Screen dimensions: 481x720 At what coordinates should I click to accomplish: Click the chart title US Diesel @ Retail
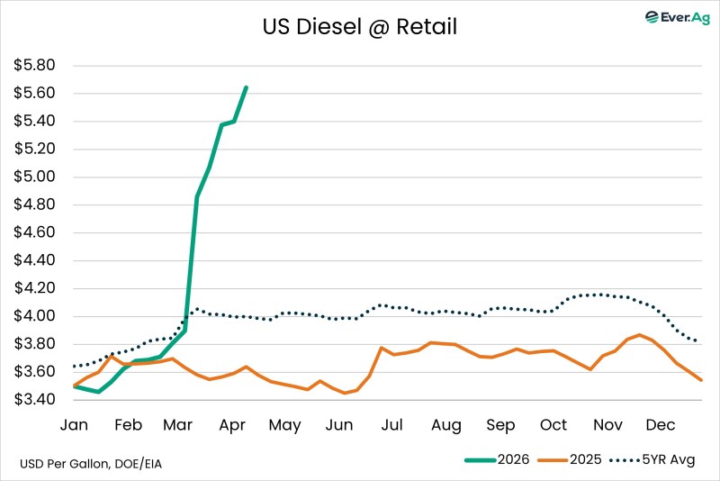(x=360, y=28)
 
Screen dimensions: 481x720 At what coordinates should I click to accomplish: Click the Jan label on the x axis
(x=74, y=425)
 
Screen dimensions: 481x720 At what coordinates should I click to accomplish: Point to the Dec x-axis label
(x=661, y=425)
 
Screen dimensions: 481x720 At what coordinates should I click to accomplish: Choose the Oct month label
(x=553, y=425)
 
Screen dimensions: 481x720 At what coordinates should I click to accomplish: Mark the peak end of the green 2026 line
(x=247, y=87)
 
